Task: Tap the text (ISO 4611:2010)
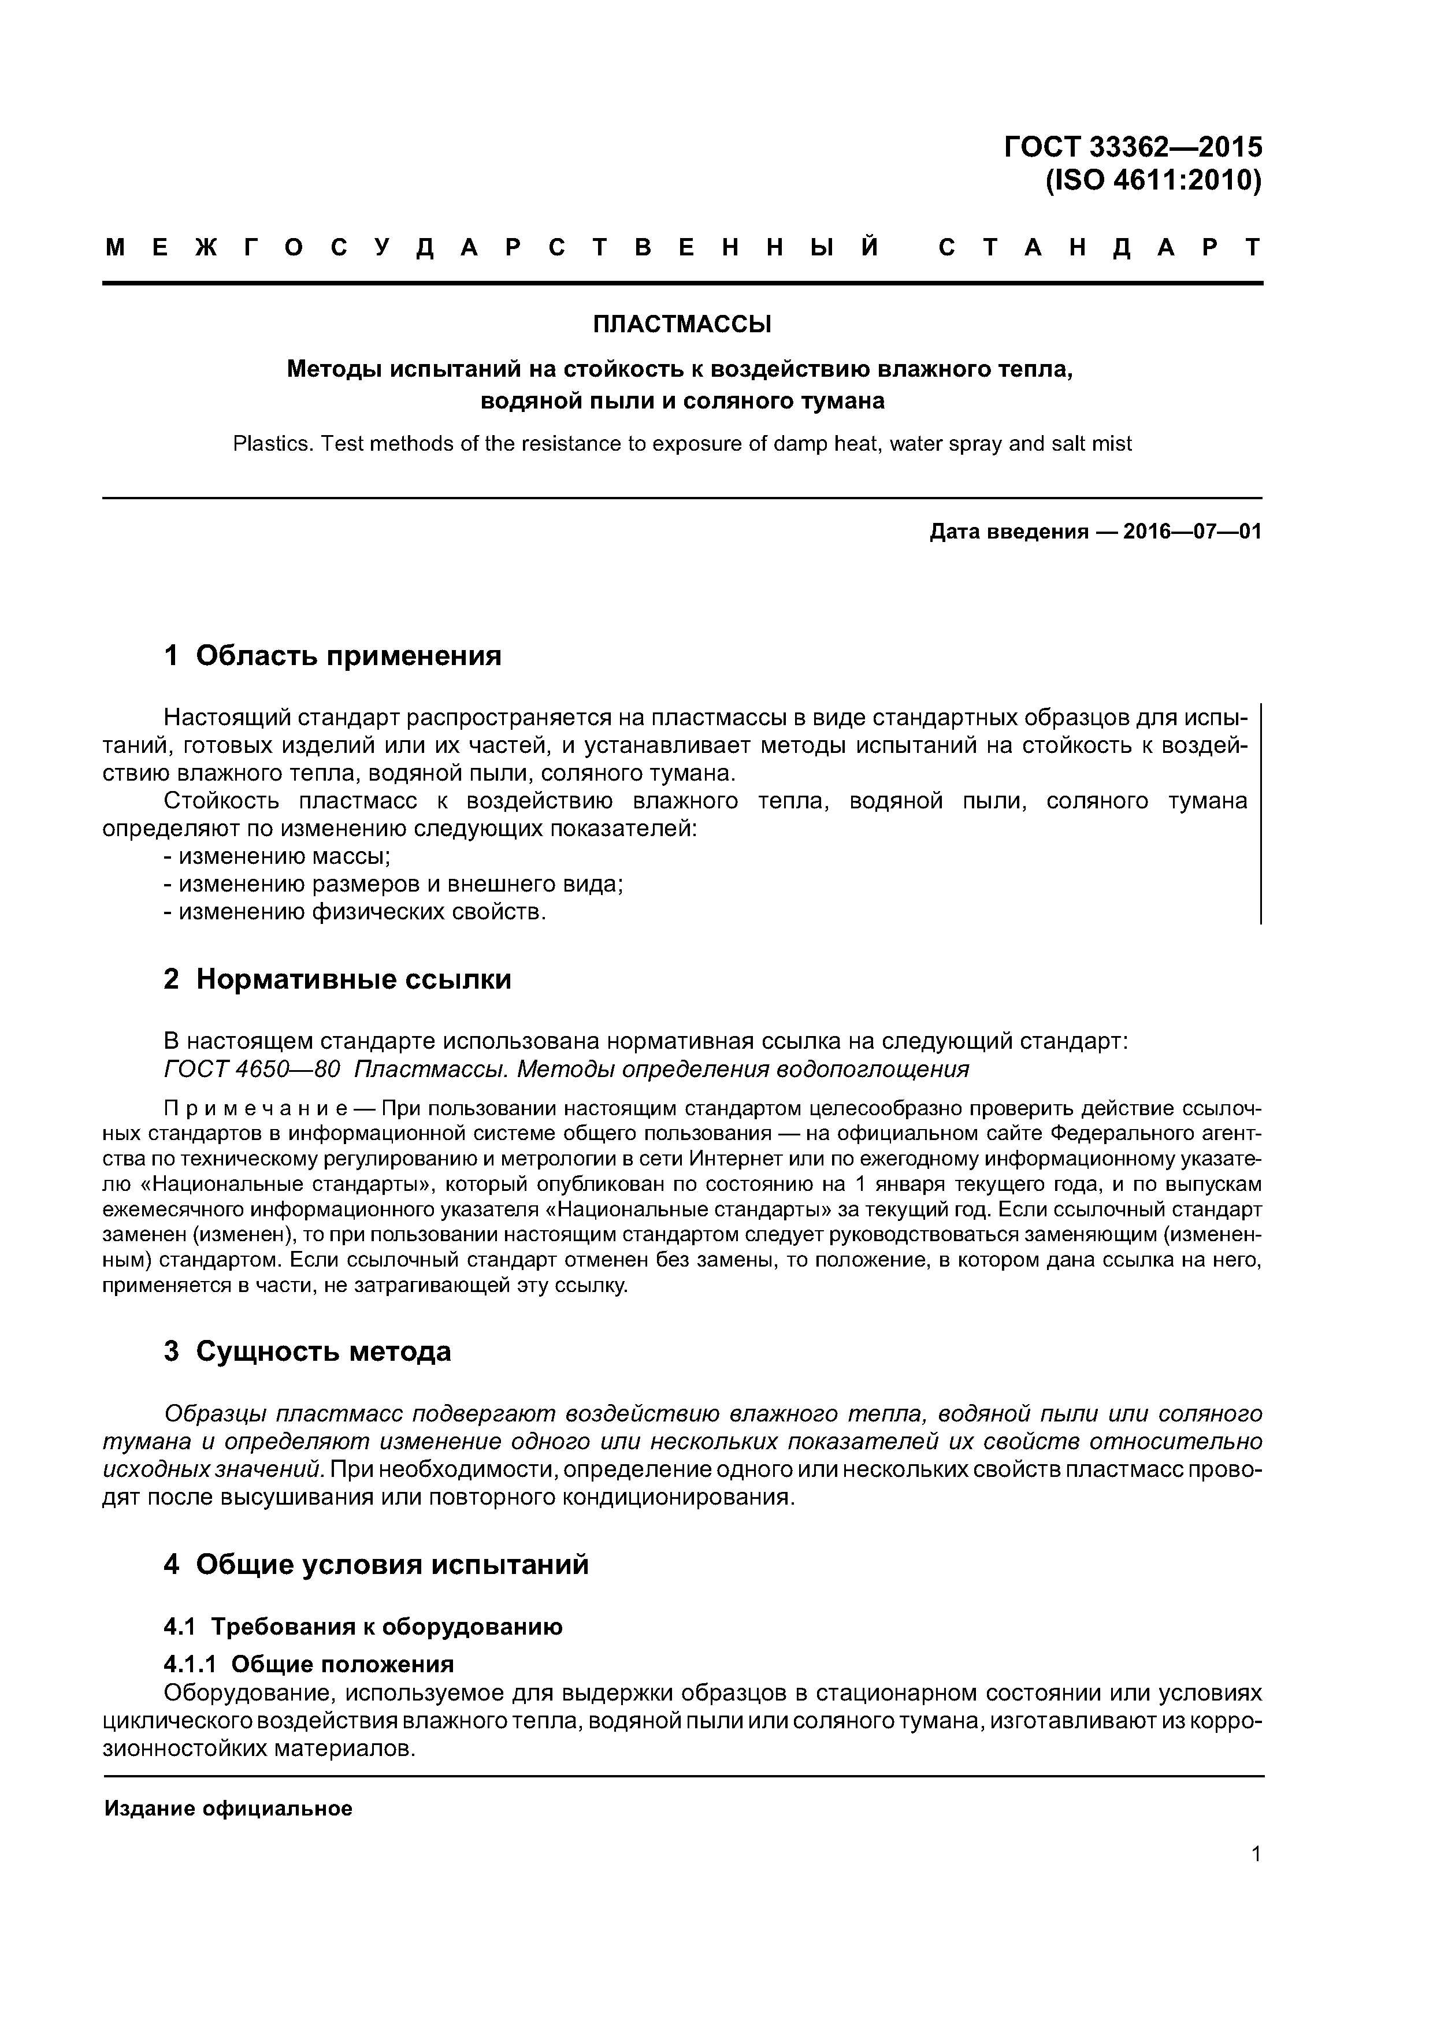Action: [1153, 181]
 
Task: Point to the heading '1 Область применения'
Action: [333, 656]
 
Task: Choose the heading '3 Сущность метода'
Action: [307, 1352]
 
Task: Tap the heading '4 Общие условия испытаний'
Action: [376, 1565]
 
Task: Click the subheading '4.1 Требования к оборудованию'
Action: [363, 1627]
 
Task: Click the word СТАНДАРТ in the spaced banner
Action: [1099, 248]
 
